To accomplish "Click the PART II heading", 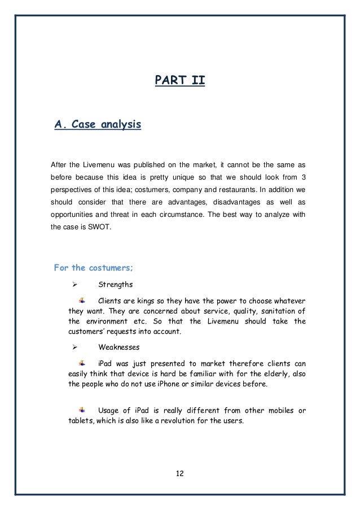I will point(180,83).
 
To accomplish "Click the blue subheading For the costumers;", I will point(93,267).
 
